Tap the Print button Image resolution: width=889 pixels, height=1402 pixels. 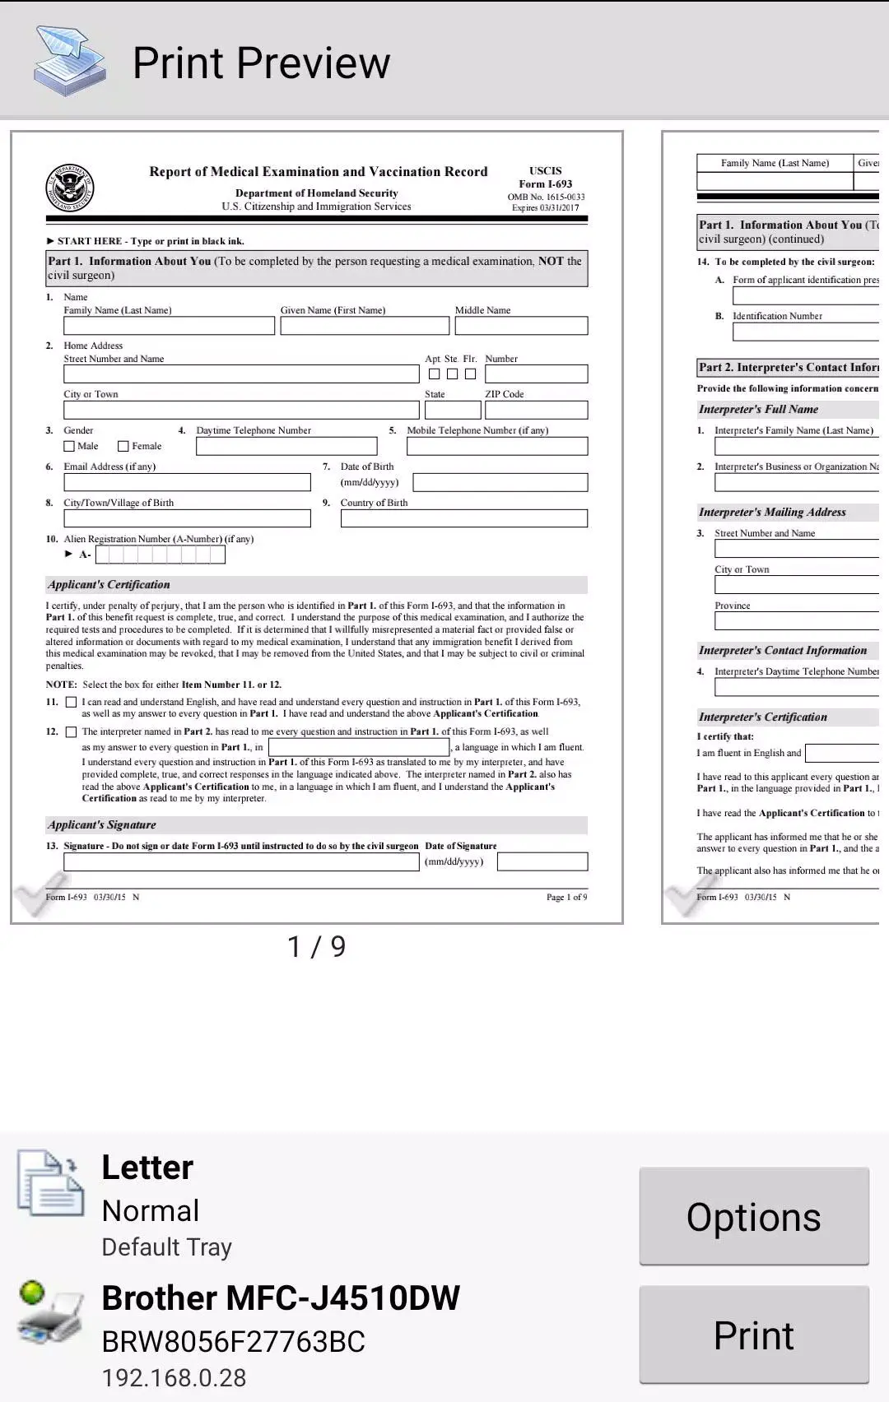point(753,1335)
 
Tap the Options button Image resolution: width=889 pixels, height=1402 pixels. point(753,1216)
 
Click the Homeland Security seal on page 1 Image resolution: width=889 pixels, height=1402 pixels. point(70,188)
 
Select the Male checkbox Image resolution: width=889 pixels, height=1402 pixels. point(69,446)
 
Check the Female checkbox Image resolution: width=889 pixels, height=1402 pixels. point(123,446)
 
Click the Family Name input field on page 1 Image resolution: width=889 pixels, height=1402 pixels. point(169,326)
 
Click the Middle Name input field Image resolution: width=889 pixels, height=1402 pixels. point(521,326)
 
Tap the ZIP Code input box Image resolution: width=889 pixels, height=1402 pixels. point(536,410)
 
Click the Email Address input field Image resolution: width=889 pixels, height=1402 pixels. point(187,482)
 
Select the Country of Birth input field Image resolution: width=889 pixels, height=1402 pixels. point(463,518)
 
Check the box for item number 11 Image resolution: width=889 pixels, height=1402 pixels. point(71,702)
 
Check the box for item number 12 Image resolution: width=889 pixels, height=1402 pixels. point(71,731)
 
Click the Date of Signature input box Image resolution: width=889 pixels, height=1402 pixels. point(542,861)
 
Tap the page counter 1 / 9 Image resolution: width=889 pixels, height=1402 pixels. point(316,947)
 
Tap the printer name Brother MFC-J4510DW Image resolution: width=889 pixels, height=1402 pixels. point(280,1298)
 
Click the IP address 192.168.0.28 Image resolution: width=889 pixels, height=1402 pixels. point(174,1377)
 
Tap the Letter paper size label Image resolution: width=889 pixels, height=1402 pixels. point(147,1168)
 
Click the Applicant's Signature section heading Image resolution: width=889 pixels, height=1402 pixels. point(102,824)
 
